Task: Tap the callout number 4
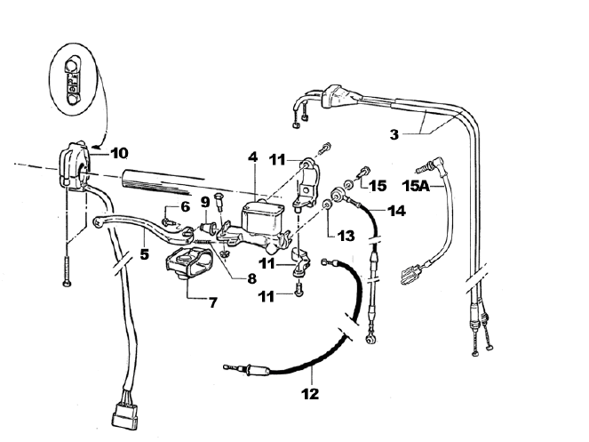point(253,158)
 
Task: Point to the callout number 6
point(186,206)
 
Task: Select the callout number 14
point(396,213)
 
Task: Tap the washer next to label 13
point(326,206)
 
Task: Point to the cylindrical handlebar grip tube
point(178,180)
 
